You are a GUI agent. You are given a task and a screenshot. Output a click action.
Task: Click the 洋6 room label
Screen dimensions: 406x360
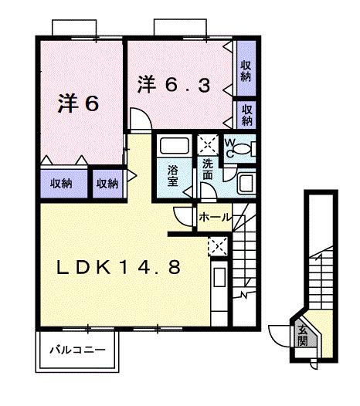pos(79,105)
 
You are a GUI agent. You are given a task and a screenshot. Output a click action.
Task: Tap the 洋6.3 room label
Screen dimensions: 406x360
pos(175,84)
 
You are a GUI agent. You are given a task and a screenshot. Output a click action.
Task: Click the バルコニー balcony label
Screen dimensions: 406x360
pos(77,349)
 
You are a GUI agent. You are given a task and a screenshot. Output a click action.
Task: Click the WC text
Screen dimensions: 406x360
pos(231,145)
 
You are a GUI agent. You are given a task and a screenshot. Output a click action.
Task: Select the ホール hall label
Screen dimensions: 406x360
pos(215,218)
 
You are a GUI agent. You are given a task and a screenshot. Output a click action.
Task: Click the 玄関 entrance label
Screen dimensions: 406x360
pos(302,335)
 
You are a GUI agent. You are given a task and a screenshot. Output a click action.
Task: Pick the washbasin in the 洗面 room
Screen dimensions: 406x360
pos(245,184)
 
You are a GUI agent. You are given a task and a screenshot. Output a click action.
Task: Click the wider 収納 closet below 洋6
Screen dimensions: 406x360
pos(63,183)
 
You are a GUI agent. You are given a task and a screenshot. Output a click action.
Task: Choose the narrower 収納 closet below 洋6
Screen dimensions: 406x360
pos(107,183)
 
